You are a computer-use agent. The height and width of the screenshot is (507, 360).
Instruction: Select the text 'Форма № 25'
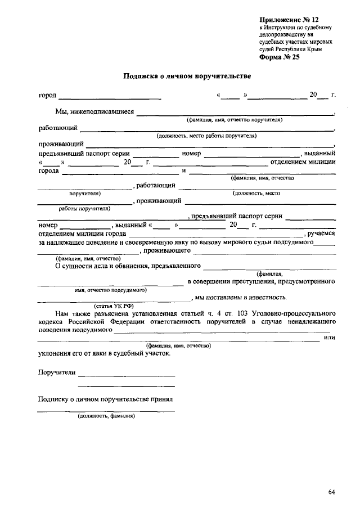(x=280, y=57)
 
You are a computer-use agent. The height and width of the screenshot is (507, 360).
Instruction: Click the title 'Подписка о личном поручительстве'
(x=187, y=75)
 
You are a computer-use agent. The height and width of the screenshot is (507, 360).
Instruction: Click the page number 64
(x=332, y=492)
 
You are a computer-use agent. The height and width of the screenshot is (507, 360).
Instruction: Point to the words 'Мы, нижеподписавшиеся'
(x=94, y=111)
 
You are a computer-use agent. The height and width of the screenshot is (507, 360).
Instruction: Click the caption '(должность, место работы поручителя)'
(x=206, y=136)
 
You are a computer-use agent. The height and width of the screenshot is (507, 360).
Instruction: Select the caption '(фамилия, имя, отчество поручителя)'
(x=235, y=120)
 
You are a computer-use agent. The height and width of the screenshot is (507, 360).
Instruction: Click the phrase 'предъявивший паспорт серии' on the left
(x=84, y=154)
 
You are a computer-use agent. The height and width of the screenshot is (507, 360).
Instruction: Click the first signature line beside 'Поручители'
(x=127, y=375)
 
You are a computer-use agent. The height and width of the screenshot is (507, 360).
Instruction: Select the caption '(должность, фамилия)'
(x=106, y=416)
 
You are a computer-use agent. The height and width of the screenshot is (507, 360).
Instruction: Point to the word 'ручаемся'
(x=321, y=234)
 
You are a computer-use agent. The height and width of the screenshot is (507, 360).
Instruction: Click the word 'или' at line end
(x=330, y=338)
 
